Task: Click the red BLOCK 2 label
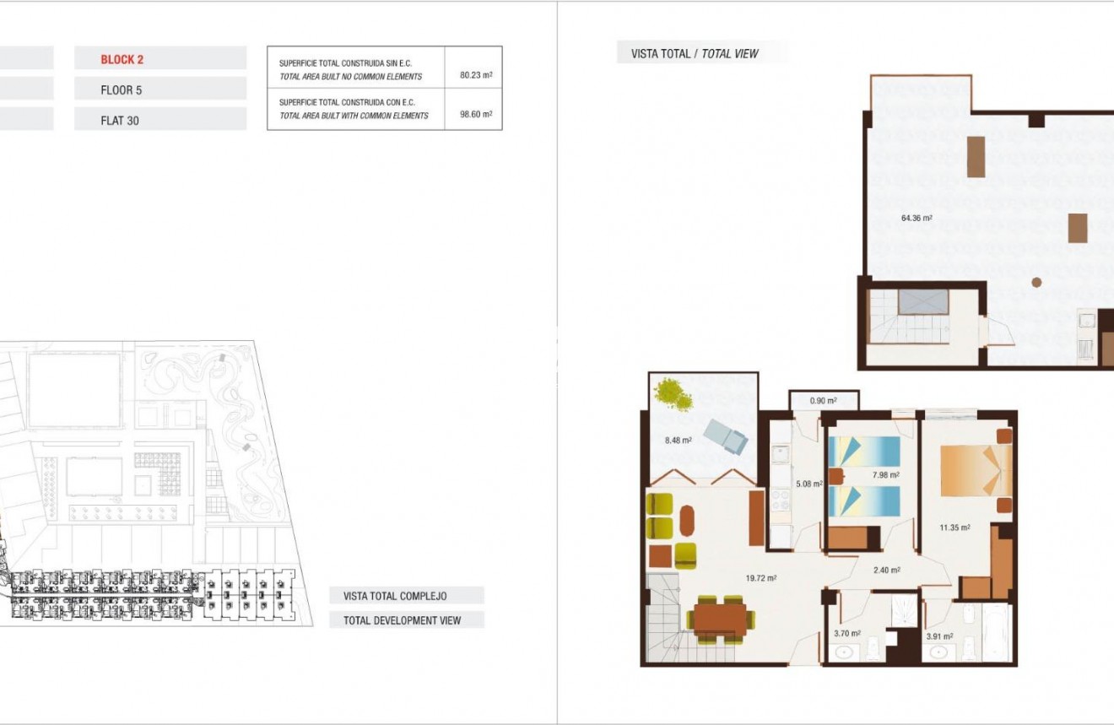click(122, 59)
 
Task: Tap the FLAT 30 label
click(120, 121)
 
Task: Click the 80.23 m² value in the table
click(476, 75)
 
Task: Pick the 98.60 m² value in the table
click(476, 115)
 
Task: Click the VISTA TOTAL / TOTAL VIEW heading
click(695, 54)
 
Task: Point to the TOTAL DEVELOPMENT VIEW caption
click(402, 620)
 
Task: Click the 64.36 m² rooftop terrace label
click(917, 218)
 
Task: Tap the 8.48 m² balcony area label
click(678, 440)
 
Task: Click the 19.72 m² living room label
click(761, 578)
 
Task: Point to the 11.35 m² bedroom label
click(954, 528)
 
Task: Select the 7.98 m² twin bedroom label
click(885, 474)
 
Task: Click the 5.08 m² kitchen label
click(808, 484)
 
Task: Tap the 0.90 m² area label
click(823, 400)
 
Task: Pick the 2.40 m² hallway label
click(886, 570)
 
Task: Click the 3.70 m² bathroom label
click(846, 633)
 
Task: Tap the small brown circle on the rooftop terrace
click(1036, 283)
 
